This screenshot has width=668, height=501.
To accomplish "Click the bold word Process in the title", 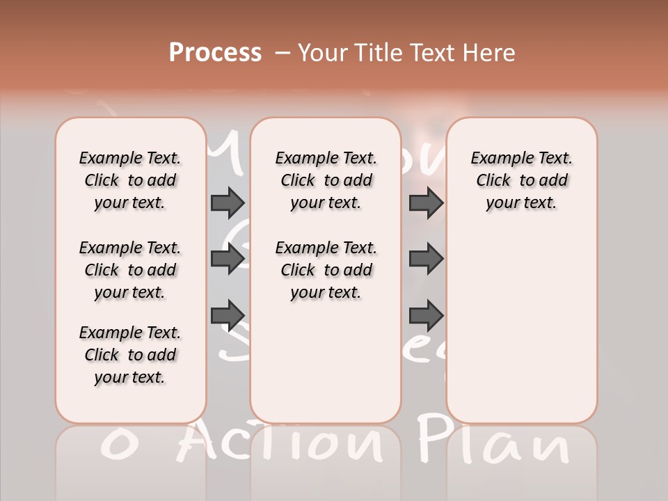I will click(215, 53).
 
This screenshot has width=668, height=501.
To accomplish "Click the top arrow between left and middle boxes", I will click(228, 203).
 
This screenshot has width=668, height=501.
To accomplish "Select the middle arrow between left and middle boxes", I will click(228, 259).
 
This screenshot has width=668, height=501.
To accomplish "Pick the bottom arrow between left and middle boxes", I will click(228, 314).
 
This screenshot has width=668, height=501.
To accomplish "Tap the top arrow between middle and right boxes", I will click(426, 203).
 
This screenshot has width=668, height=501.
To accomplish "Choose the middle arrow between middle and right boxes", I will click(426, 259).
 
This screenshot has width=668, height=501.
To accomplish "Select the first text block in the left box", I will click(129, 180).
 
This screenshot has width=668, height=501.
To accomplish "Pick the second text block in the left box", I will click(129, 270).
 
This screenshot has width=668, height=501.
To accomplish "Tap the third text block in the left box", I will click(129, 355).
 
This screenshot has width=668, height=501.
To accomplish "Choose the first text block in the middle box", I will click(326, 180).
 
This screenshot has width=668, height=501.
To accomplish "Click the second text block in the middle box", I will click(326, 270).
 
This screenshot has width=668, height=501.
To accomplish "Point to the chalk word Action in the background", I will click(285, 443).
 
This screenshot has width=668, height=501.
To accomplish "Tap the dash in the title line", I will click(283, 54).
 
